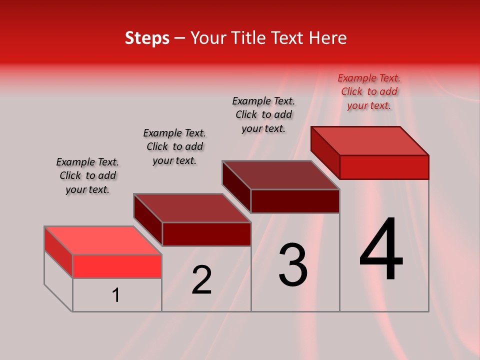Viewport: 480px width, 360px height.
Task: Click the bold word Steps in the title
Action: (147, 38)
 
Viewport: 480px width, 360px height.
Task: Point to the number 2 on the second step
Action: (201, 280)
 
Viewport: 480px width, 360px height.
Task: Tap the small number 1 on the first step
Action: (116, 295)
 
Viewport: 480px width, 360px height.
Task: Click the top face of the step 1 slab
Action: (103, 240)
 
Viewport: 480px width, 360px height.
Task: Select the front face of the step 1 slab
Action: (117, 266)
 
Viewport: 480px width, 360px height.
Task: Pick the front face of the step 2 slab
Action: (206, 234)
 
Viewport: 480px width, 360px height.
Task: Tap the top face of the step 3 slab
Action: (281, 175)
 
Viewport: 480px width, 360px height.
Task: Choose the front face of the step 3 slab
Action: (295, 201)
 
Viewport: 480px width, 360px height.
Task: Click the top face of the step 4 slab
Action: (370, 141)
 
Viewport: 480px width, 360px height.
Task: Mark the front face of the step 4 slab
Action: (384, 167)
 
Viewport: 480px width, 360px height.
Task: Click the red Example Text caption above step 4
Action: (369, 91)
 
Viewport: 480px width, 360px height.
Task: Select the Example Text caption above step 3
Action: (263, 114)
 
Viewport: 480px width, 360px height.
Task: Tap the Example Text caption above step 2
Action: (174, 146)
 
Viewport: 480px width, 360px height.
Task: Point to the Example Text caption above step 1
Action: (87, 175)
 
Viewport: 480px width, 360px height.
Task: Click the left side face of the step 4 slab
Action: (325, 152)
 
